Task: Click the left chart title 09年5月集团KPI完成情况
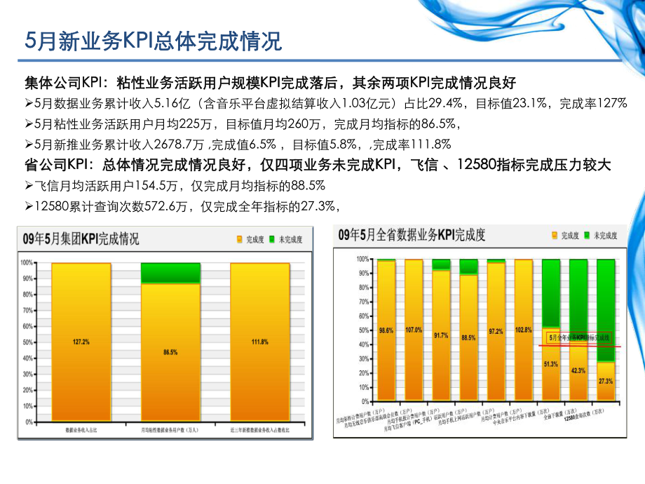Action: pyautogui.click(x=81, y=238)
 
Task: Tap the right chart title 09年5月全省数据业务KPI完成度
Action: pyautogui.click(x=421, y=235)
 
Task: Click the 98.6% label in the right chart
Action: pyautogui.click(x=385, y=330)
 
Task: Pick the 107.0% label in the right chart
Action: pyautogui.click(x=414, y=330)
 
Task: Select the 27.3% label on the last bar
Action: pyautogui.click(x=605, y=381)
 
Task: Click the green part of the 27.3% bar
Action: pyautogui.click(x=605, y=309)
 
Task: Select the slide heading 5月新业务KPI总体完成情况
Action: pyautogui.click(x=154, y=41)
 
